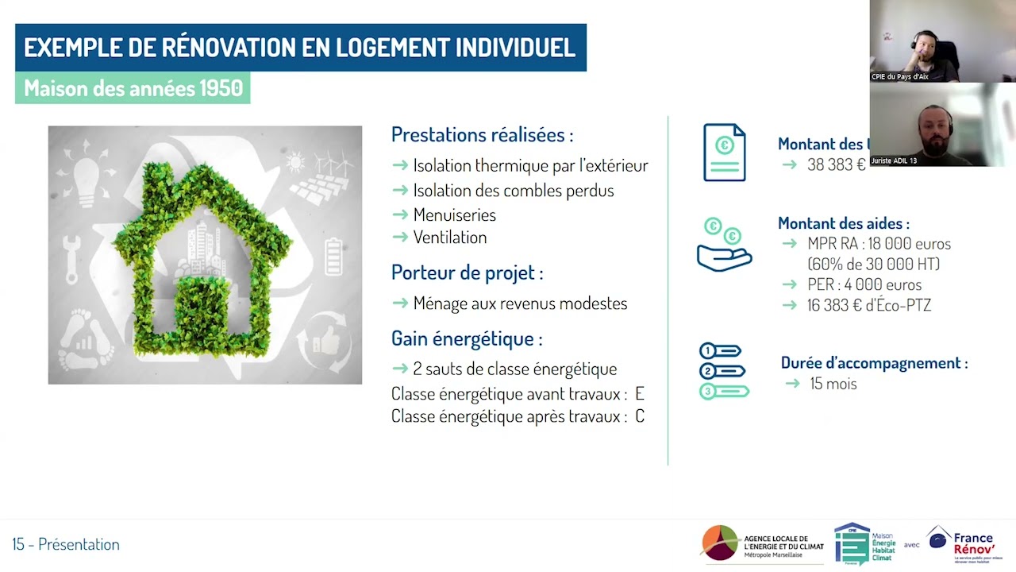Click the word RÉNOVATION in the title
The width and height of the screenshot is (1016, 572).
click(221, 48)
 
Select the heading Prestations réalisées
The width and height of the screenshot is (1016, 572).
click(482, 135)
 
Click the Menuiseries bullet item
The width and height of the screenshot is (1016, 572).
click(454, 215)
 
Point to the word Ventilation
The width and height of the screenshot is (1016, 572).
click(449, 238)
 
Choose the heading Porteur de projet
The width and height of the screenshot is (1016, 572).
click(467, 272)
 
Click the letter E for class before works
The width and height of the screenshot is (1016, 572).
click(639, 394)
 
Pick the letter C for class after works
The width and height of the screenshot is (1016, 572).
click(640, 416)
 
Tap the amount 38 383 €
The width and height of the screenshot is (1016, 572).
click(836, 165)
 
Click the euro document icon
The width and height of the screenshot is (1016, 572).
click(724, 153)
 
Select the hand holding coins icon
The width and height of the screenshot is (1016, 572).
click(723, 245)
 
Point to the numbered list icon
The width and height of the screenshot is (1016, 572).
click(723, 371)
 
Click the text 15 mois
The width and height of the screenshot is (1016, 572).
click(833, 384)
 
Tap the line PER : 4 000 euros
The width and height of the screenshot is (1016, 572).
click(864, 284)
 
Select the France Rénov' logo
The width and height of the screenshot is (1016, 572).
click(965, 545)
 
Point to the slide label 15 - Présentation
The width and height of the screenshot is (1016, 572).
click(66, 544)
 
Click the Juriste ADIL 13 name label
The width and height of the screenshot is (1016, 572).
click(894, 160)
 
